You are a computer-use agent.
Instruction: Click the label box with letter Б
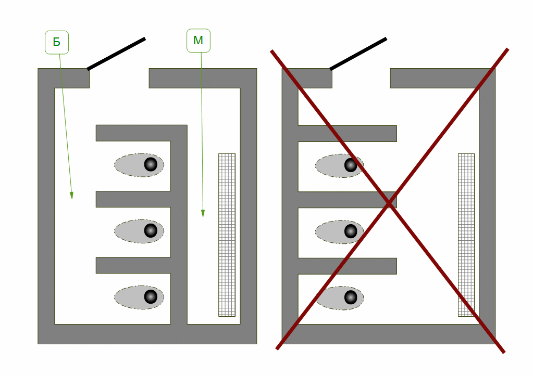(x=57, y=42)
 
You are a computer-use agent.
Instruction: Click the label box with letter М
(x=198, y=41)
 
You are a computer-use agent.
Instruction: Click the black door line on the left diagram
(x=116, y=54)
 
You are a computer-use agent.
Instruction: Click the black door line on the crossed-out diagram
(x=358, y=54)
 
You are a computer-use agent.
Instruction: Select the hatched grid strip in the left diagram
(x=227, y=235)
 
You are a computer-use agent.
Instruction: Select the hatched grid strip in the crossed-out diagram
(x=466, y=235)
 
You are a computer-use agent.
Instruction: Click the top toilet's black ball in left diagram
(x=151, y=164)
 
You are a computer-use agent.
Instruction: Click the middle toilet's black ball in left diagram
(x=151, y=230)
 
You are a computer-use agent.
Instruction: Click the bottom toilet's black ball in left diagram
(x=151, y=296)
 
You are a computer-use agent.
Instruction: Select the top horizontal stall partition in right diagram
(x=347, y=133)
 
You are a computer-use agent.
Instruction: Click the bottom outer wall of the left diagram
(x=147, y=334)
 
